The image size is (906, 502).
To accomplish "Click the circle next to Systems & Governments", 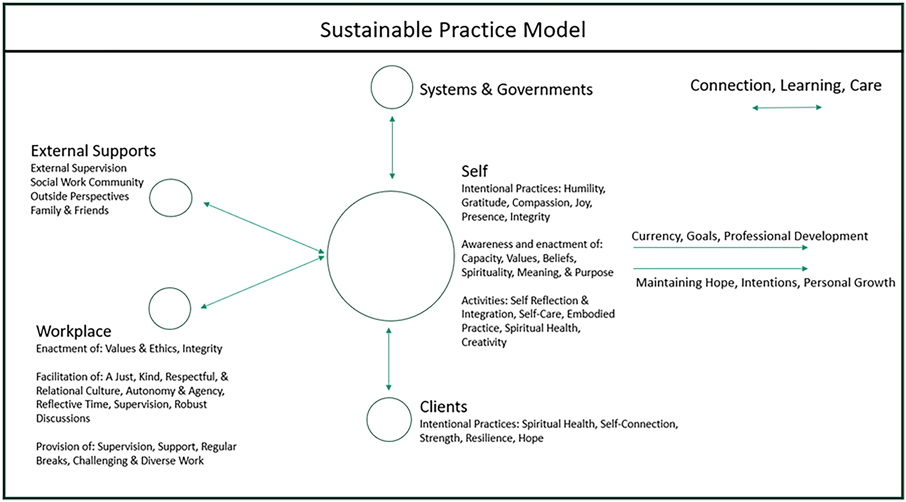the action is [x=371, y=87].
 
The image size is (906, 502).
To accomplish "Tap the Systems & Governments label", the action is [x=506, y=90].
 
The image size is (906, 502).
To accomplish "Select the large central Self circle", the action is [x=328, y=256].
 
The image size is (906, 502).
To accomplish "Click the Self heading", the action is [x=475, y=171].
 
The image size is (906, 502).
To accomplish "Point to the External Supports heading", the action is [x=93, y=151].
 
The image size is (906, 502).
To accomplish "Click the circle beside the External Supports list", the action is [x=150, y=198].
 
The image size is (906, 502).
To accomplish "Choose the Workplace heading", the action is [x=74, y=331].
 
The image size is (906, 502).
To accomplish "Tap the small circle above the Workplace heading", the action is [x=149, y=309].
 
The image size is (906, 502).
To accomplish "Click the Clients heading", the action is [x=443, y=407].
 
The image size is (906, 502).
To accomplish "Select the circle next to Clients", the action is [x=367, y=420].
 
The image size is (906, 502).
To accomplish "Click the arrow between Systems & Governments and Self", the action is [x=392, y=148].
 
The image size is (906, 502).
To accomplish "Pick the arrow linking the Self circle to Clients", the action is [x=389, y=359].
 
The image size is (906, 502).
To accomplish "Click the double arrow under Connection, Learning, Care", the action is [x=787, y=107].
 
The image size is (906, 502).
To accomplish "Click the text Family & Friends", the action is [x=70, y=211].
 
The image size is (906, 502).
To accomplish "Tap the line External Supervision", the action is [x=78, y=168].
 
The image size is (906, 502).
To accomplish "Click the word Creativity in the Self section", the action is [x=484, y=342].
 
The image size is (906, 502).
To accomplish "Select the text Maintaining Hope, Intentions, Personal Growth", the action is [x=765, y=283].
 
